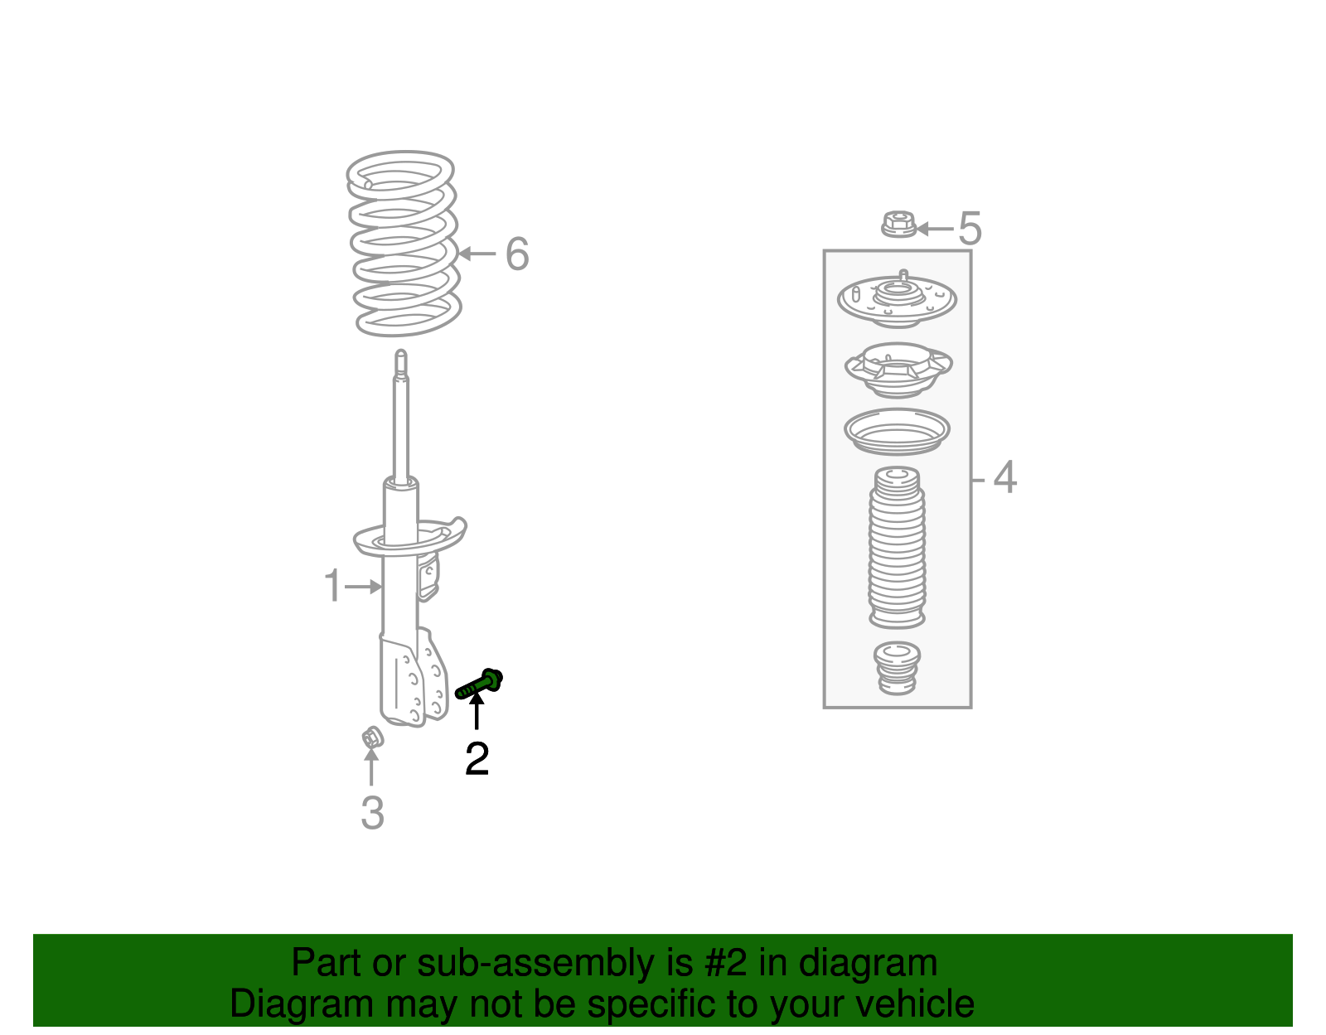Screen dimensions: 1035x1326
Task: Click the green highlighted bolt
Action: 480,685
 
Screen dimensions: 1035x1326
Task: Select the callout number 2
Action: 477,758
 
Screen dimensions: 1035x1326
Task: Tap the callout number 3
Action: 372,813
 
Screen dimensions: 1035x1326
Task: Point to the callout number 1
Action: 332,586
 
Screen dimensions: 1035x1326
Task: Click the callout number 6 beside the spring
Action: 517,254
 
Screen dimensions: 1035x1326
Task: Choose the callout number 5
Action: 970,228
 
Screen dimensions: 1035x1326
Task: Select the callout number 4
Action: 1004,477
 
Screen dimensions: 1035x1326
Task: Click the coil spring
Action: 404,244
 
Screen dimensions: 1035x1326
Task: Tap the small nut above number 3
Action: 372,736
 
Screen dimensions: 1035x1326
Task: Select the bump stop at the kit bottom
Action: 897,668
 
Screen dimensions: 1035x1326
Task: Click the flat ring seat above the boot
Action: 897,431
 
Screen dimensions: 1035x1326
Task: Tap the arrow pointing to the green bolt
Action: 477,711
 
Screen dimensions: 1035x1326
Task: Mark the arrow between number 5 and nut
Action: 934,229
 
